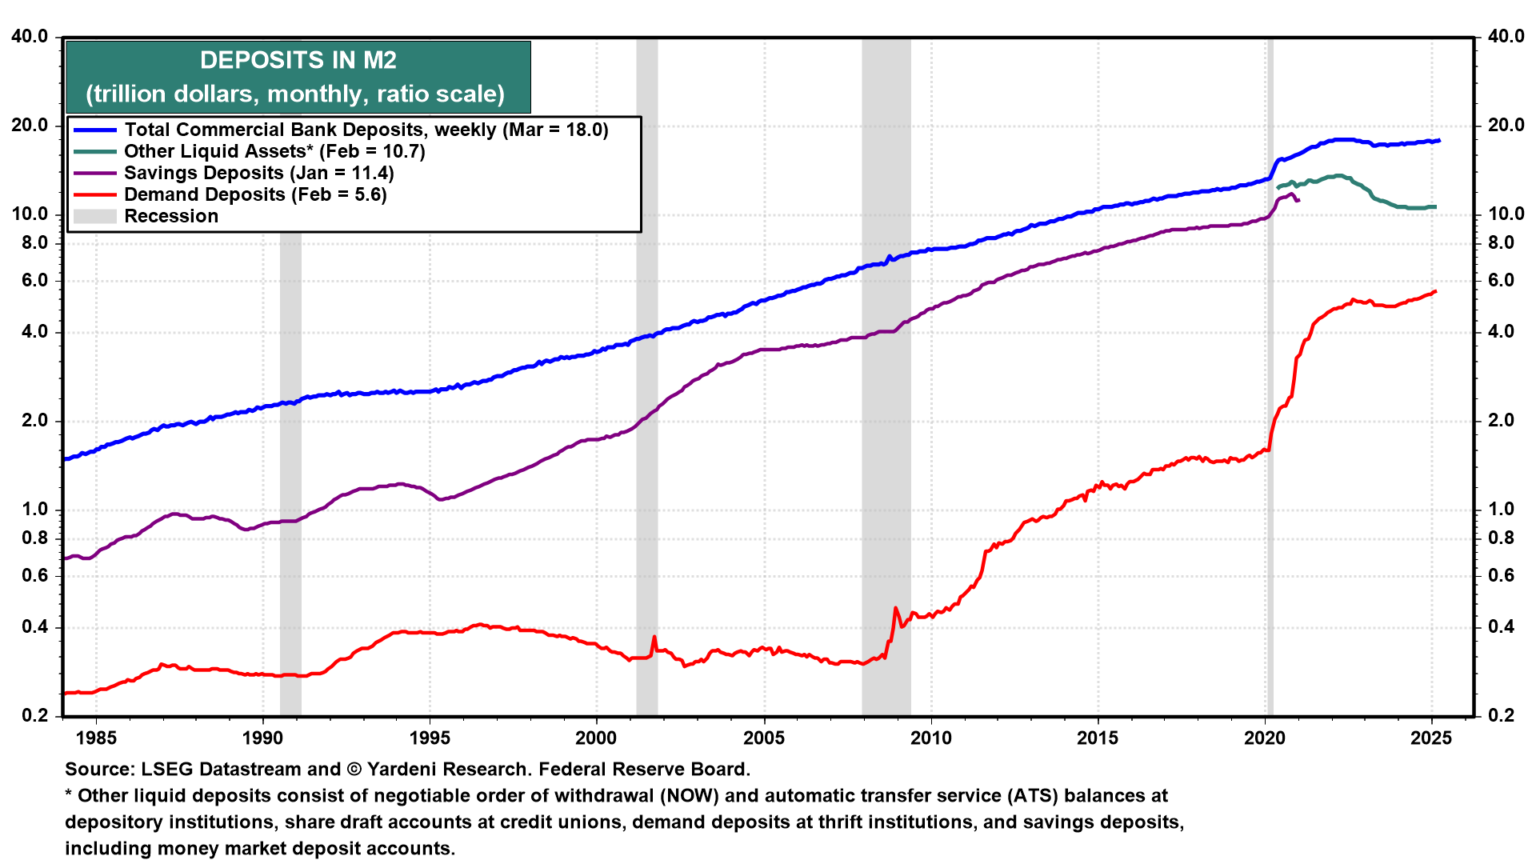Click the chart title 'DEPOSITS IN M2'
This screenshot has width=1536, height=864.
[298, 60]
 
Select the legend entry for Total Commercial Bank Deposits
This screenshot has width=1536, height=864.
[366, 130]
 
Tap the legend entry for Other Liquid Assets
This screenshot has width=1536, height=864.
[274, 151]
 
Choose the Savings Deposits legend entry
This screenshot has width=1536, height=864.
[258, 173]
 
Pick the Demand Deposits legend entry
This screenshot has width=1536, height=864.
[254, 194]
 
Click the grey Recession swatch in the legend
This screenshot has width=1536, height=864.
[94, 216]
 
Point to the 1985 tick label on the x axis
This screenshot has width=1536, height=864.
[95, 738]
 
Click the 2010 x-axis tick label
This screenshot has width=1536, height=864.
[930, 738]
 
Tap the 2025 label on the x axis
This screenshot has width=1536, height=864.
[1431, 738]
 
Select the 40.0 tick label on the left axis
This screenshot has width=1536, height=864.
[30, 37]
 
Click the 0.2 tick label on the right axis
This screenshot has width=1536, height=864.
[1501, 715]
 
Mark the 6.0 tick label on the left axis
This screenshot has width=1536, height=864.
[34, 281]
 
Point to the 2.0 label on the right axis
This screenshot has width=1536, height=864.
[1501, 421]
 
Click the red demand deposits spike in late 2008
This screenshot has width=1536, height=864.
[895, 609]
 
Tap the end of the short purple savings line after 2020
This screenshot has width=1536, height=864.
[1298, 200]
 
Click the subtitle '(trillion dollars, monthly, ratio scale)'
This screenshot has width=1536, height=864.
[296, 94]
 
